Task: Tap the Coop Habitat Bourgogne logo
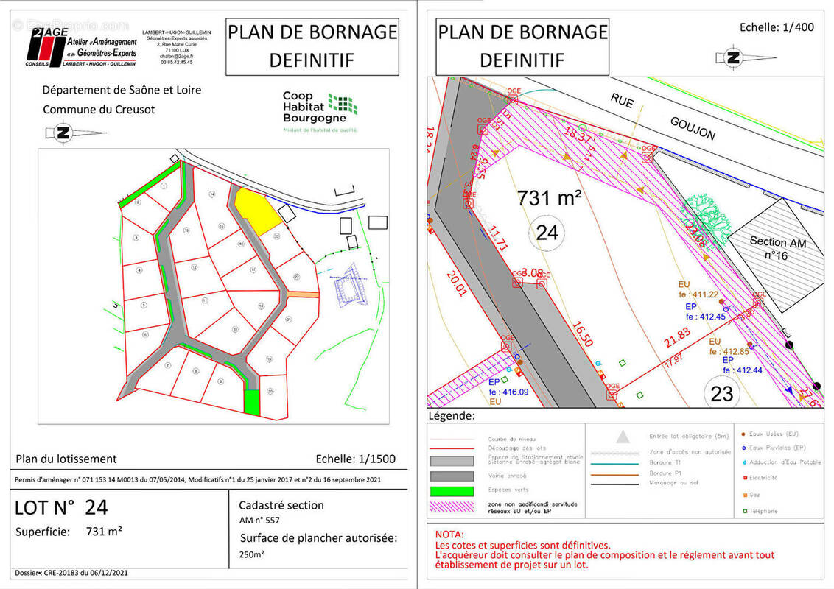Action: [320, 111]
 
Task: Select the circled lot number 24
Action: [547, 233]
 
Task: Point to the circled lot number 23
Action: [723, 393]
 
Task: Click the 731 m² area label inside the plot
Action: [550, 198]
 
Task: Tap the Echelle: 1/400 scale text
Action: [777, 27]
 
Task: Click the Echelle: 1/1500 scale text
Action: [355, 459]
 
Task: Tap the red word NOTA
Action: [449, 534]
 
